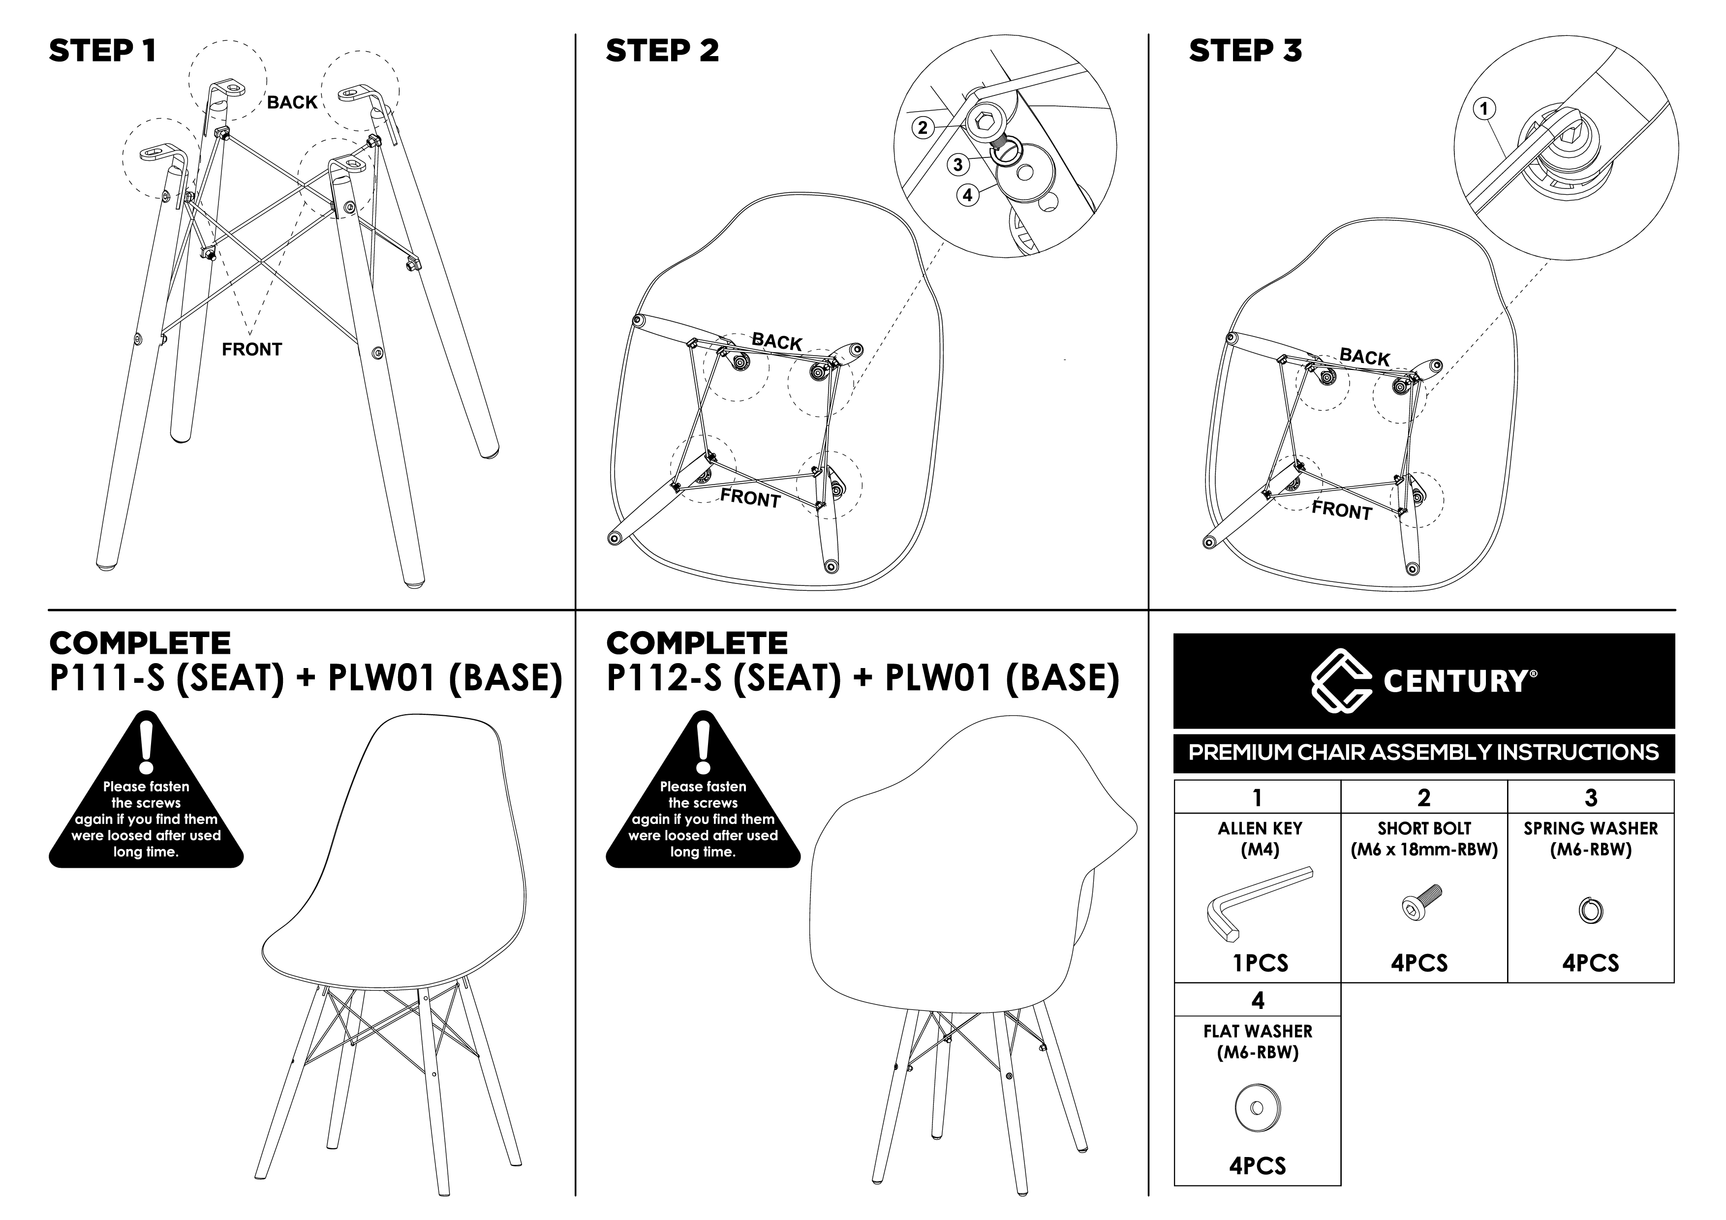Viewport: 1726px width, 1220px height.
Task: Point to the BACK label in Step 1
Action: tap(292, 102)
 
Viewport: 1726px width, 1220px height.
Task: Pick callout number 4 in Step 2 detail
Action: tap(967, 195)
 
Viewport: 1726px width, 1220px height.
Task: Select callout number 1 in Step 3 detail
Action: tap(1484, 109)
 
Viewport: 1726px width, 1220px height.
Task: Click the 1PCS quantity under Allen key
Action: tap(1261, 964)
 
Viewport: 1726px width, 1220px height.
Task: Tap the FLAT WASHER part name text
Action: tap(1258, 1031)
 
